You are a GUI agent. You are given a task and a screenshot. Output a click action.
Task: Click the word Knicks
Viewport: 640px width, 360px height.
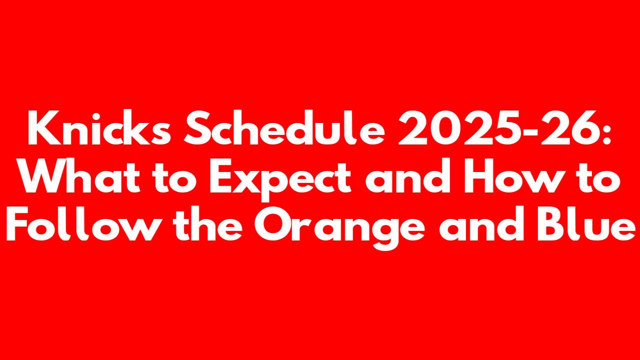click(x=99, y=127)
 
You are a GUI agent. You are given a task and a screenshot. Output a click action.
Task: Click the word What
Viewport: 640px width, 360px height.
click(x=80, y=175)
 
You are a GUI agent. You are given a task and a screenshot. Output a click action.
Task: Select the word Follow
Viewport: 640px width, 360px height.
click(x=80, y=223)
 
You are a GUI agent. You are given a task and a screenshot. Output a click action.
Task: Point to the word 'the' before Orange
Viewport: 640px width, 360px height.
click(x=207, y=223)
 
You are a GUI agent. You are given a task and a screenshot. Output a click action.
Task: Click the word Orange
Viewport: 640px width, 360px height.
click(x=339, y=227)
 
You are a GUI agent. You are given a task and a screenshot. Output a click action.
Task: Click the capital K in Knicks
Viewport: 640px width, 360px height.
click(x=43, y=127)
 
